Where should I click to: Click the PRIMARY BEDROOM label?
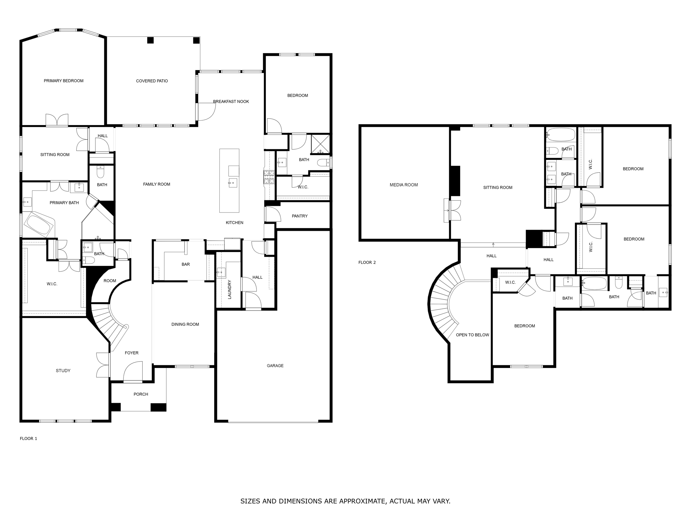pyautogui.click(x=63, y=81)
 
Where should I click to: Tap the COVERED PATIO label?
pyautogui.click(x=152, y=81)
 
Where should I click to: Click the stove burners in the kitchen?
pyautogui.click(x=269, y=177)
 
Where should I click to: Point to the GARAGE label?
pyautogui.click(x=275, y=366)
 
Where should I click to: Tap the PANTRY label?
pyautogui.click(x=300, y=216)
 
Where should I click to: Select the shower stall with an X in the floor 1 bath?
pyautogui.click(x=320, y=144)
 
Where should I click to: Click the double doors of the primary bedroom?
pyautogui.click(x=57, y=120)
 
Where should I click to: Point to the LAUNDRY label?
pyautogui.click(x=229, y=289)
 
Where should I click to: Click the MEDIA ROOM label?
pyautogui.click(x=404, y=185)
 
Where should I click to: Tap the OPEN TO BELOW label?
pyautogui.click(x=472, y=335)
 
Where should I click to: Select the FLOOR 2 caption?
pyautogui.click(x=367, y=263)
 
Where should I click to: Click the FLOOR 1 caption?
pyautogui.click(x=28, y=439)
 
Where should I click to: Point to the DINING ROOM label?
pyautogui.click(x=185, y=324)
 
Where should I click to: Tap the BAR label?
pyautogui.click(x=186, y=264)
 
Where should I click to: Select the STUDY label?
pyautogui.click(x=63, y=371)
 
